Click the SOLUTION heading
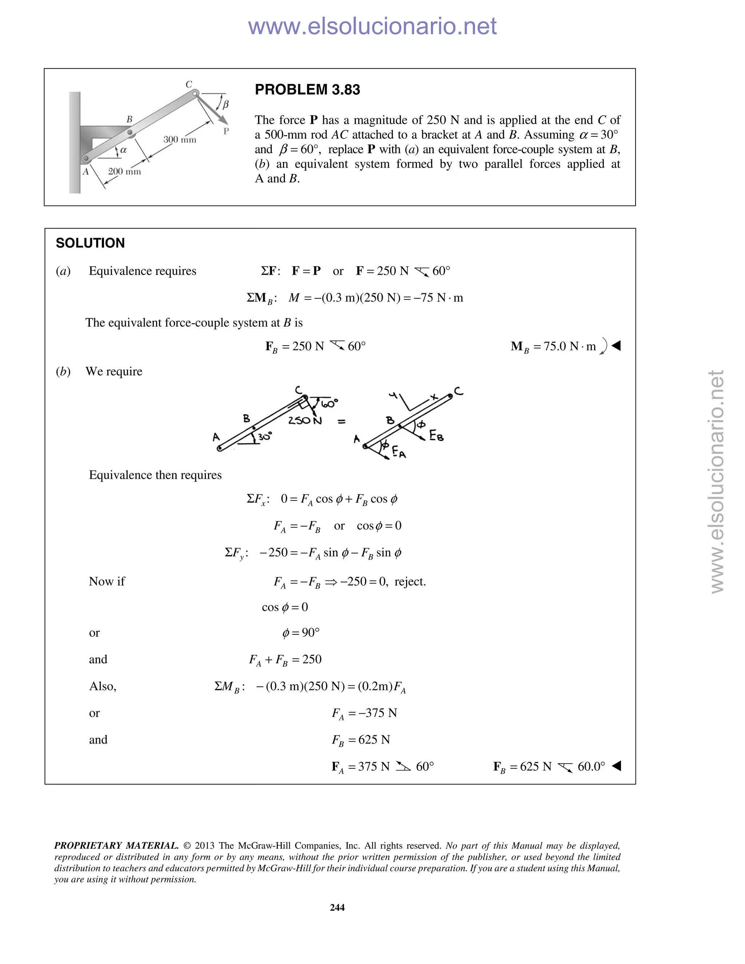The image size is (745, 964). click(90, 243)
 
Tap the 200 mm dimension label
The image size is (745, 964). click(124, 172)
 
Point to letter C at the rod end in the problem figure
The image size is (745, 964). click(188, 84)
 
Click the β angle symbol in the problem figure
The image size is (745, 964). click(226, 105)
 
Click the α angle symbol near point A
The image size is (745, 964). click(124, 150)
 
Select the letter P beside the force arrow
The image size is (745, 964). click(226, 131)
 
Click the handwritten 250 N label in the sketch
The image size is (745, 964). click(304, 421)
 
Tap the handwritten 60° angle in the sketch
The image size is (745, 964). click(329, 403)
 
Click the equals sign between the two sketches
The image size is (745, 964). click(342, 422)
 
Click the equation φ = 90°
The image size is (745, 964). click(300, 633)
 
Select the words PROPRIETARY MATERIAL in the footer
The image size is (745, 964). click(116, 846)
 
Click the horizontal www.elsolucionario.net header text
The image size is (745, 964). click(372, 27)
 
